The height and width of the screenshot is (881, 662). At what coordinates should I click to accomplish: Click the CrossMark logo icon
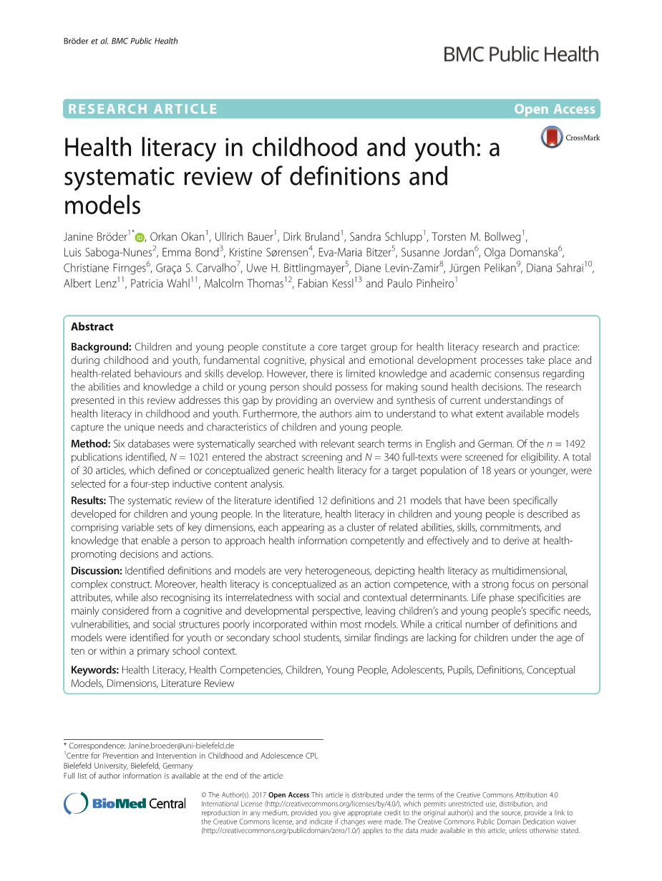552,137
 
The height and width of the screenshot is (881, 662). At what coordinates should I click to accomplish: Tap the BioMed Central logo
125,803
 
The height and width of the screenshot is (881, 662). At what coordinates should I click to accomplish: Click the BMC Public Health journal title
521,54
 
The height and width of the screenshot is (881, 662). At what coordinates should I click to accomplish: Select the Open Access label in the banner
554,110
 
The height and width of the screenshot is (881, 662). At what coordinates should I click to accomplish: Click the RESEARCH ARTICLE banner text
141,110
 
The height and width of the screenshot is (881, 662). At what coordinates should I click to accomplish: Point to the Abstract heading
92,327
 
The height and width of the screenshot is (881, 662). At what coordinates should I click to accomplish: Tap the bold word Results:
89,501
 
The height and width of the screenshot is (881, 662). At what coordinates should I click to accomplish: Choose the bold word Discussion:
97,571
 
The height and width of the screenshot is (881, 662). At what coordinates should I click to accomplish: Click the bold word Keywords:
94,670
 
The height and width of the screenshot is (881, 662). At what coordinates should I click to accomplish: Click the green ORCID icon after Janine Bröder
140,238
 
